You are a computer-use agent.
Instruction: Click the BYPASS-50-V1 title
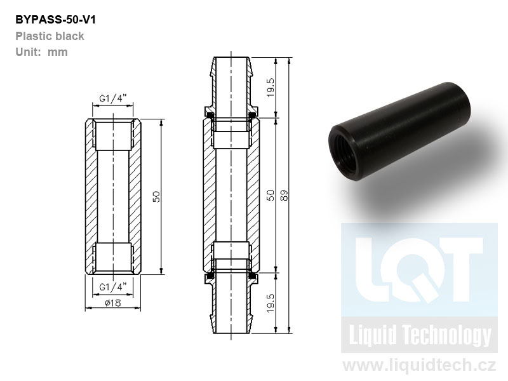coord(55,20)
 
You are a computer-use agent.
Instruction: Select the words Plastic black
coord(50,36)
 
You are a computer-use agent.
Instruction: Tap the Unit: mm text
coord(41,52)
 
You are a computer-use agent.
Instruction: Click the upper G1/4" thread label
coord(112,98)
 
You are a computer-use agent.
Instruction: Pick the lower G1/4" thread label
coord(112,287)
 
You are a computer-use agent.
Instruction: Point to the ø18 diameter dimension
coord(113,303)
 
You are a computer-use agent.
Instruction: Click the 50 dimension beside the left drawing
coord(156,197)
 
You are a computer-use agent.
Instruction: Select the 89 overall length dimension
coord(284,196)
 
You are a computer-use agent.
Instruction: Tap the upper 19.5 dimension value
coord(271,88)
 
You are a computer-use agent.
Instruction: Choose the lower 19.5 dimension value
coord(271,304)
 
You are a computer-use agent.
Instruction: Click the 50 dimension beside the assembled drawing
coord(271,196)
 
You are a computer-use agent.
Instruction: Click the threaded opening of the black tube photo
coord(345,153)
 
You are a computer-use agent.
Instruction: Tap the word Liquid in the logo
coord(372,335)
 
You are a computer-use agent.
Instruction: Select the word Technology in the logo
coord(448,336)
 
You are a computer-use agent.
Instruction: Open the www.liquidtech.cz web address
coord(419,365)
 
